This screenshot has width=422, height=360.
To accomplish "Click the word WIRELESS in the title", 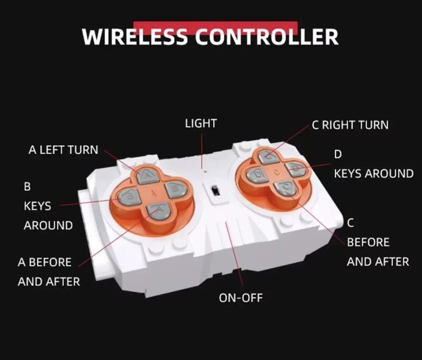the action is click(134, 37).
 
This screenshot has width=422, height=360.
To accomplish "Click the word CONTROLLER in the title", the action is click(267, 37).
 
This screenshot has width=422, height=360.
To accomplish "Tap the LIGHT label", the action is click(200, 124).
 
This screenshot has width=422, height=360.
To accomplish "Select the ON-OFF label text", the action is click(241, 298).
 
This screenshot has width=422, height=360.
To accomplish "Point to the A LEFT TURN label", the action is click(63, 150).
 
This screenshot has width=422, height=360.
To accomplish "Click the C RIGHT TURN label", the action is click(350, 125).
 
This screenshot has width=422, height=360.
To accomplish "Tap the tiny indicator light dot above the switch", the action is click(205, 171).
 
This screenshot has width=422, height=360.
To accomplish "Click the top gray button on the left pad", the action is click(146, 176).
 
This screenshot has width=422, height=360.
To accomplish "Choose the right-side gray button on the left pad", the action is click(176, 190).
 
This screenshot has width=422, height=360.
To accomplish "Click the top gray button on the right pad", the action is click(269, 157).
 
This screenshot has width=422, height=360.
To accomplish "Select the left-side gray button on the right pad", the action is click(258, 175).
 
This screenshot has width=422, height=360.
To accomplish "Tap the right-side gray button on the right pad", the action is click(296, 169).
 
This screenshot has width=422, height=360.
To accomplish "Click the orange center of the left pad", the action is click(154, 193).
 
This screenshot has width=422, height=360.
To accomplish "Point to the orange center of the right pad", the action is click(277, 172).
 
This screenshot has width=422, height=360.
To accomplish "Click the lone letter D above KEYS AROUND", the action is click(338, 154).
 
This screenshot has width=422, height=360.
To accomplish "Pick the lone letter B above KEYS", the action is click(27, 187).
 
